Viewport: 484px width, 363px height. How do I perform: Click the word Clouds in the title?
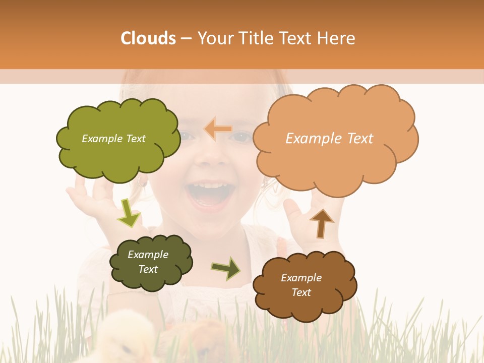(x=148, y=38)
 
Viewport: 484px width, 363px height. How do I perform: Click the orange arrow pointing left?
(x=217, y=129)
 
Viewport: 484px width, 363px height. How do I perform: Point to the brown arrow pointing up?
(x=321, y=223)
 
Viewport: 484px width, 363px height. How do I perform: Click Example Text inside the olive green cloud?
(x=113, y=139)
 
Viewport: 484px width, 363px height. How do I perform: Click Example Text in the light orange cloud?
(x=329, y=139)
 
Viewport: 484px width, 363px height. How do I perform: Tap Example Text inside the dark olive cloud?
(x=148, y=262)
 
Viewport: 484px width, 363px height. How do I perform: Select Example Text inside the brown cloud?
(x=301, y=285)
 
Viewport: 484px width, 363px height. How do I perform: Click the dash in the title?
(x=186, y=38)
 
